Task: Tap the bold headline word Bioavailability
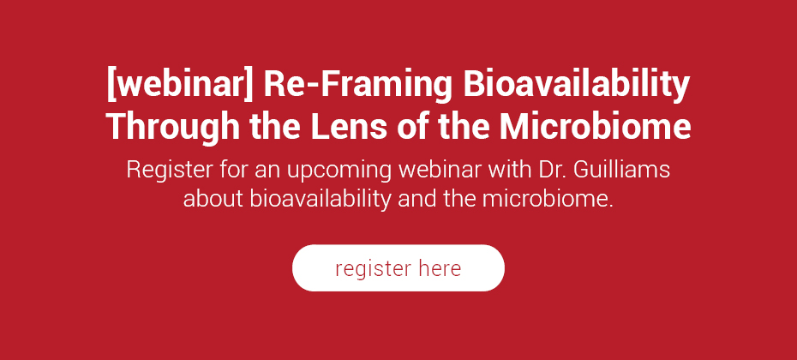pyautogui.click(x=577, y=87)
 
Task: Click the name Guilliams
pyautogui.click(x=621, y=170)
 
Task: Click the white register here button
pyautogui.click(x=398, y=268)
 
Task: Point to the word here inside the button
pyautogui.click(x=440, y=268)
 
